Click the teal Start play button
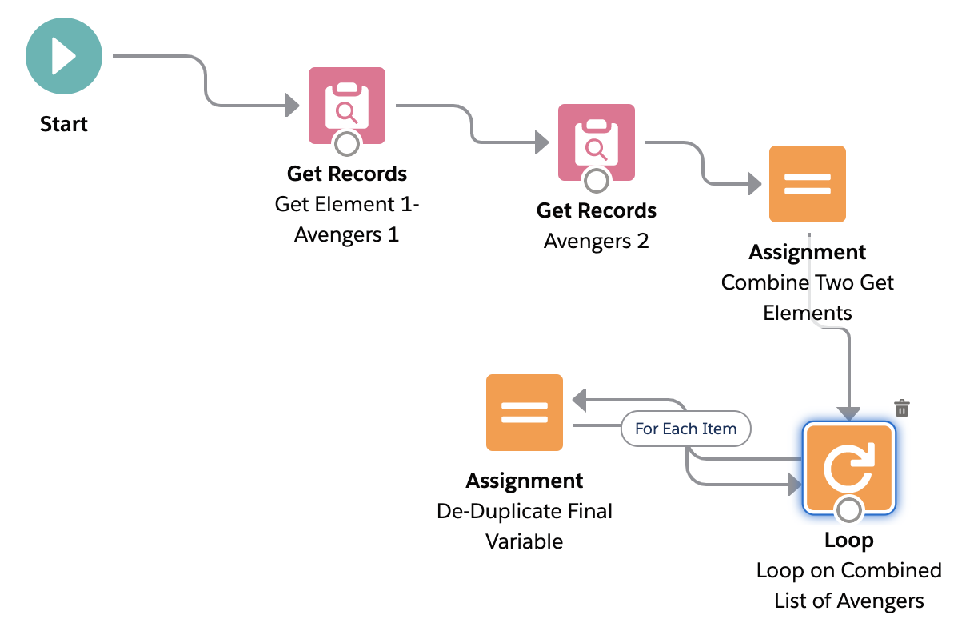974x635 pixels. tap(64, 57)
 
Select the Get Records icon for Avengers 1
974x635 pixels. tap(347, 105)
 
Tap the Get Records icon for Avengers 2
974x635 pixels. tap(596, 142)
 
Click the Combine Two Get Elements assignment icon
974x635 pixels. tap(807, 184)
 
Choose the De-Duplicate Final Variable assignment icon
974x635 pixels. tap(525, 413)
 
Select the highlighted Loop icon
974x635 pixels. tap(848, 467)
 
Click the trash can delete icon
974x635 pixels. tap(902, 408)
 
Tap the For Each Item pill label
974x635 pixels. tap(685, 429)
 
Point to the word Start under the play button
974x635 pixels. tap(64, 124)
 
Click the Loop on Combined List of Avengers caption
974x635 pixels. tap(848, 585)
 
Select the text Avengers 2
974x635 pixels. tap(596, 241)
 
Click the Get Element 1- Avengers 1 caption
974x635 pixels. tap(347, 219)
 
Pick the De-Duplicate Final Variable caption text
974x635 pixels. tap(525, 526)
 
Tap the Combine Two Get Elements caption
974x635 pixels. tap(807, 297)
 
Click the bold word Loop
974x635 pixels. tap(848, 541)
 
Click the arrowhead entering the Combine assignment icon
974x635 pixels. tap(753, 185)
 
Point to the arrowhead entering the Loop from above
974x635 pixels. tap(848, 413)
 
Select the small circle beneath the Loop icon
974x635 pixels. tap(848, 509)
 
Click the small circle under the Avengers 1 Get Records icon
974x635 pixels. tap(347, 144)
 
